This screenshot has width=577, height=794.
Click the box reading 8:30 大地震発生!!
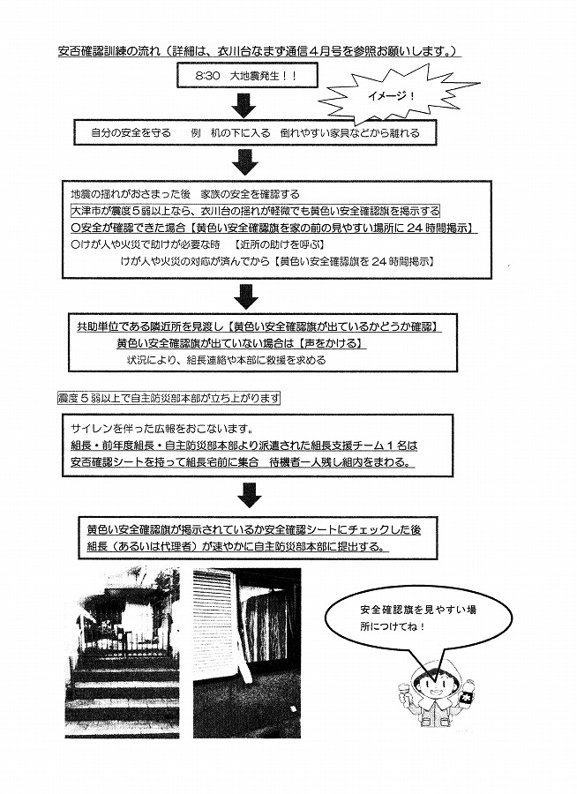click(x=246, y=76)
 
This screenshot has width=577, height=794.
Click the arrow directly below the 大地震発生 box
click(x=244, y=104)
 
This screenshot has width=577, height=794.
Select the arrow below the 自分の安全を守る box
click(x=244, y=161)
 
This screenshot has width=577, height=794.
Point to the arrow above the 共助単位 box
click(x=244, y=296)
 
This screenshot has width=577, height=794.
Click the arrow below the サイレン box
click(x=250, y=495)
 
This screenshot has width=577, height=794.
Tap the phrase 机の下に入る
click(x=236, y=133)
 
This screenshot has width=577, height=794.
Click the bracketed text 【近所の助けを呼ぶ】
click(x=279, y=244)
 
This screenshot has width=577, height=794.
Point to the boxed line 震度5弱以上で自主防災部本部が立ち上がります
click(x=169, y=399)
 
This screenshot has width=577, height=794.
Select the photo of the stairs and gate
click(x=122, y=652)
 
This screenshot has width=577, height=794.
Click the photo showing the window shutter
click(x=247, y=652)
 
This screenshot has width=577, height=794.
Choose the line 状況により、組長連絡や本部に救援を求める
click(x=227, y=361)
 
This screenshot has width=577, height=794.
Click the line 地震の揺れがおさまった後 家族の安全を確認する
click(x=185, y=194)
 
